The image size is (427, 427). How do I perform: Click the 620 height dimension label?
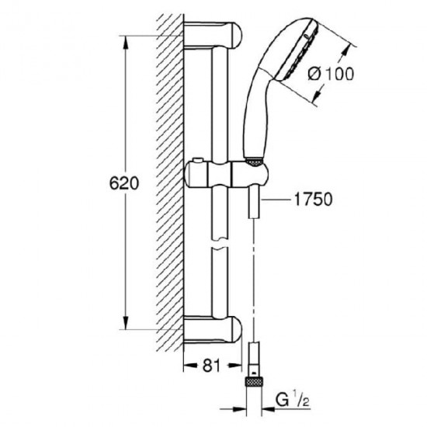pos(124,183)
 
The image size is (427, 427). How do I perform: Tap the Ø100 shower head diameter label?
pos(331,74)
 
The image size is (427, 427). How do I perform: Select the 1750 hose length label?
pos(314,199)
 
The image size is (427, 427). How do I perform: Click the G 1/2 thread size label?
pos(292,401)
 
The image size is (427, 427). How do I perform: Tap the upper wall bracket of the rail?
pos(213,36)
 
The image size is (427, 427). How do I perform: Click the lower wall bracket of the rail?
pos(213,329)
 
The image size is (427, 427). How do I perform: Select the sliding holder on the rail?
pos(226,174)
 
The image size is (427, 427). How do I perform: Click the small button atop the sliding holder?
pos(198,160)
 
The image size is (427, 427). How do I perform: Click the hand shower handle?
pos(257,117)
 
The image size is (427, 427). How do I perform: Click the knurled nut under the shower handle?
pos(254,162)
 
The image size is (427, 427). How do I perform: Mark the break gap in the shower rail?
pos(220,245)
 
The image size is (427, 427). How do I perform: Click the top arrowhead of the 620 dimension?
pos(126,42)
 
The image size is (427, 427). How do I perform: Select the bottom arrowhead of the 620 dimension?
pos(126,323)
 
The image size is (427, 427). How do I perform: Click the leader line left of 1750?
pos(276,200)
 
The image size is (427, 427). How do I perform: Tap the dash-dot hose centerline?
pos(254,279)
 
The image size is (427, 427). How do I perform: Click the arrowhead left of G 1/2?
pos(239,408)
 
